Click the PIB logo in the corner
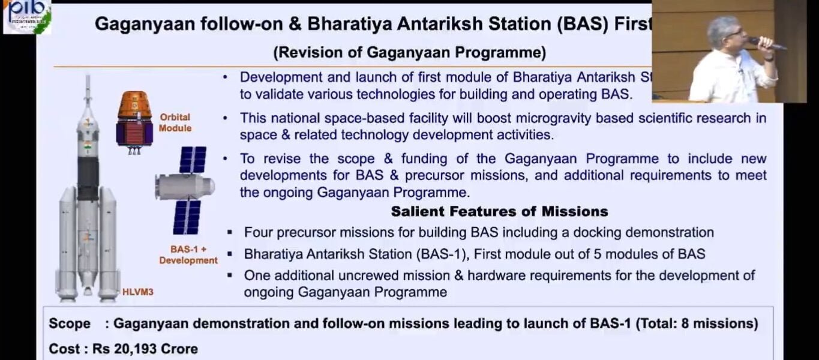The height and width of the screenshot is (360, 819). pos(26,16)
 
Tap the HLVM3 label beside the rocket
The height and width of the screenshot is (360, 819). pos(137,292)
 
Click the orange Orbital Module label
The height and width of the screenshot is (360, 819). pos(175,122)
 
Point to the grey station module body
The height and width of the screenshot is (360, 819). pos(185,186)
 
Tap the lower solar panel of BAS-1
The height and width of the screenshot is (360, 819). pos(187,217)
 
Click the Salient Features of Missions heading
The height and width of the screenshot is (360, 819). pos(499,211)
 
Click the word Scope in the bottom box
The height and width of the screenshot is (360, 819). pos(70,323)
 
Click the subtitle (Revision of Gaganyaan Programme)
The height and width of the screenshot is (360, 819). pos(409,53)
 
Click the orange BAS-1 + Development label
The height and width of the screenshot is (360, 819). pos(188,255)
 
